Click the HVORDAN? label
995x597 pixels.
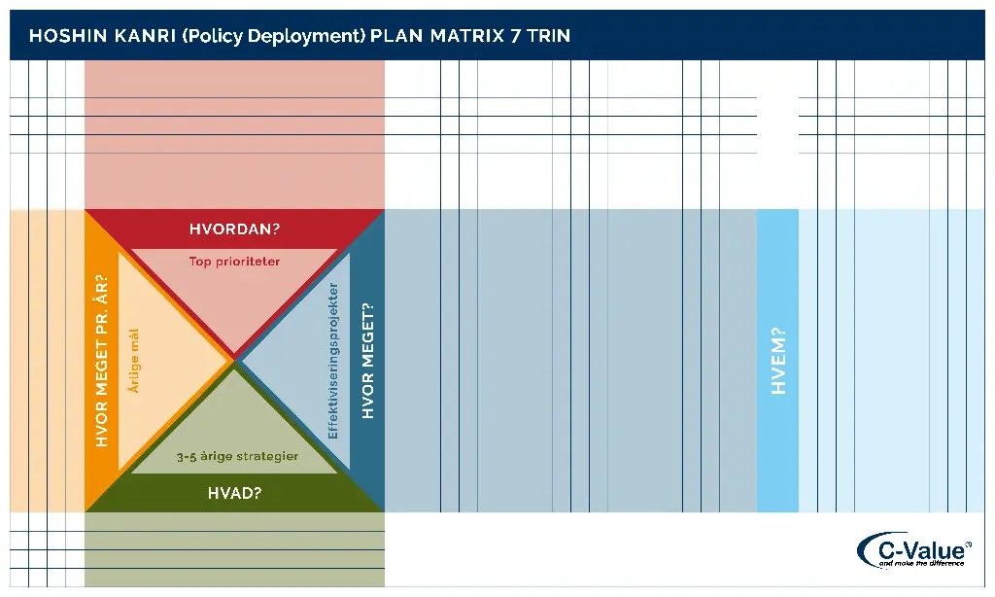point(234,229)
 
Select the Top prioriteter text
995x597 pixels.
point(234,261)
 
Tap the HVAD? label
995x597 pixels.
point(234,493)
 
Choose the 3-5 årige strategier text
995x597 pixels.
point(237,456)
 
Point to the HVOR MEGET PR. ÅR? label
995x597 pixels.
point(102,361)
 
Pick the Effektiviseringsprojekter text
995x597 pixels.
point(333,361)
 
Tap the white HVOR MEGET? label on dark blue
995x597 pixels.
point(367,361)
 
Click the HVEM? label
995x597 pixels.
point(777,361)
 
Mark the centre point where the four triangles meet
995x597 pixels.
point(234,361)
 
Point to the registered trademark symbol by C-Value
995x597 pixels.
point(968,544)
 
